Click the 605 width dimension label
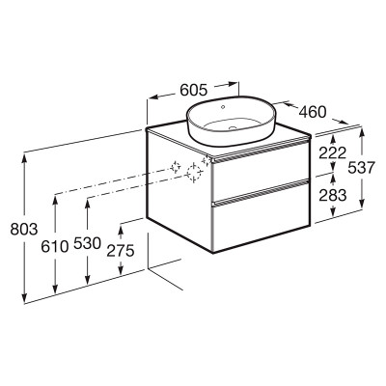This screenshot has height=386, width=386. (x=193, y=90)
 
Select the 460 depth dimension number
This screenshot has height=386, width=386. (x=313, y=112)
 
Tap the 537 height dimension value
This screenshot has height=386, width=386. (x=362, y=168)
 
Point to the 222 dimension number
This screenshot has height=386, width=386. (x=332, y=153)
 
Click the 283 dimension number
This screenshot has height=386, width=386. (x=333, y=195)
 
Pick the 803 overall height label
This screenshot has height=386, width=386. (x=24, y=229)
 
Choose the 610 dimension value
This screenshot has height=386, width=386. (x=55, y=247)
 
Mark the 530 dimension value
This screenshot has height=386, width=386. (x=87, y=243)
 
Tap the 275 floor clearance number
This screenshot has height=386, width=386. (x=121, y=251)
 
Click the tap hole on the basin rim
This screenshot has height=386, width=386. (x=223, y=106)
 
